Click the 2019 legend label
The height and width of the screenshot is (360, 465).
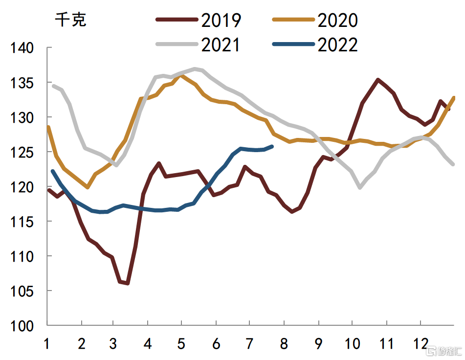coord(221,20)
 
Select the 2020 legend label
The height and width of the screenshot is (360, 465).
coord(337,20)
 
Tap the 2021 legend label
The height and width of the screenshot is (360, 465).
coord(221,45)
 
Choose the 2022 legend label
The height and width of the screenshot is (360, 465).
coord(337,45)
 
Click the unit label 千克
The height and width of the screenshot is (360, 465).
coord(70,20)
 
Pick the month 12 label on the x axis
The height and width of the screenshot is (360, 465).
coord(420,344)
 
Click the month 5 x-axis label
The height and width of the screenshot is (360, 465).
coord(181,344)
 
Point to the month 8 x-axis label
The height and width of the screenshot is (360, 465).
coord(284,344)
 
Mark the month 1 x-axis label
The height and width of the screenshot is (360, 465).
coord(47,344)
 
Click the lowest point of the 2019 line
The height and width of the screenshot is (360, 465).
coord(128,283)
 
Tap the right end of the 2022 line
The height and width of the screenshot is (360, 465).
coord(272,146)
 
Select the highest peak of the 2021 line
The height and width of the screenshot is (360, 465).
coord(195,68)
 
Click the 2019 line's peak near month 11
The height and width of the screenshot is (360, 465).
coord(378,79)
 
